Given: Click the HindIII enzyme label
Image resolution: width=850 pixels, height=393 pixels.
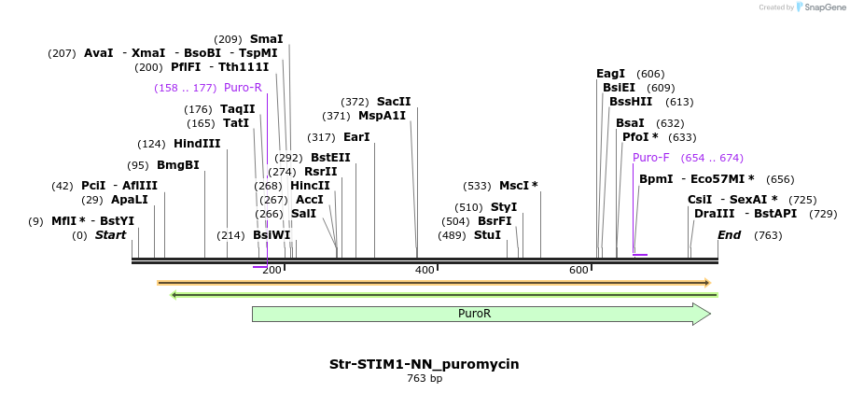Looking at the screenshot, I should click(x=197, y=144).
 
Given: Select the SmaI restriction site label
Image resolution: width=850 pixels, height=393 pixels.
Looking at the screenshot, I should click(x=266, y=39).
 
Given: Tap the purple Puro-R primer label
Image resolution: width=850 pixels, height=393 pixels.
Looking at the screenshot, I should click(x=243, y=88).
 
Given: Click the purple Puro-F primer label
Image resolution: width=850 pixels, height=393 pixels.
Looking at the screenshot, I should click(x=650, y=158).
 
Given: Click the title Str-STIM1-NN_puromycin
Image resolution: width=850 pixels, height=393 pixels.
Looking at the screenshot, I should click(x=425, y=364).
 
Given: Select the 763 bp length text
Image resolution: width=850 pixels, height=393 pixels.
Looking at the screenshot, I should click(x=425, y=379).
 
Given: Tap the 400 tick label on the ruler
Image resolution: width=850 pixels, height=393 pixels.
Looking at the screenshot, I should click(x=425, y=270).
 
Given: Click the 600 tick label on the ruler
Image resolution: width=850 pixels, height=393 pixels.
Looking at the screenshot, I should click(x=578, y=270).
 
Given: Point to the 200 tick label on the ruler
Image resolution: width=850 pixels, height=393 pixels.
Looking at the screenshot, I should click(x=272, y=270).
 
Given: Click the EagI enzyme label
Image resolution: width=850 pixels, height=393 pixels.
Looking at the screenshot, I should click(x=610, y=74).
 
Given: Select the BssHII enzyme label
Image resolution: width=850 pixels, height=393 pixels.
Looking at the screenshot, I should click(x=631, y=102).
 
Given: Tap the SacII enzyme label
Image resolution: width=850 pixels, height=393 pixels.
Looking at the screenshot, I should click(x=394, y=102).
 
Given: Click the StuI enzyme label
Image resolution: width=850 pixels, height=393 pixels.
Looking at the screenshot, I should click(x=487, y=235).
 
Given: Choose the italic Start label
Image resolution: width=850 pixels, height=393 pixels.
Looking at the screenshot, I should click(x=110, y=235).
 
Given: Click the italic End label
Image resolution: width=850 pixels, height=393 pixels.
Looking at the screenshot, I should click(x=729, y=235).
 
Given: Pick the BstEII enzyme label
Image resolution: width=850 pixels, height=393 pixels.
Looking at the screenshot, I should click(x=330, y=158).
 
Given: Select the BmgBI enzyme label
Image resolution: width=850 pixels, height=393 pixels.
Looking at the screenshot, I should click(x=177, y=165).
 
